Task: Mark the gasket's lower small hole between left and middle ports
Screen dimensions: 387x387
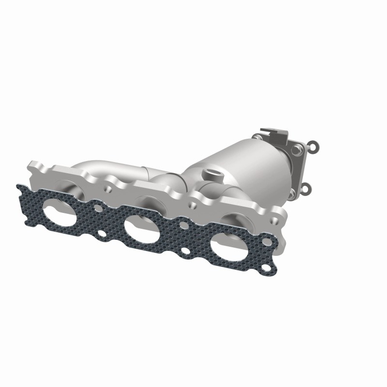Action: [x=102, y=235]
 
